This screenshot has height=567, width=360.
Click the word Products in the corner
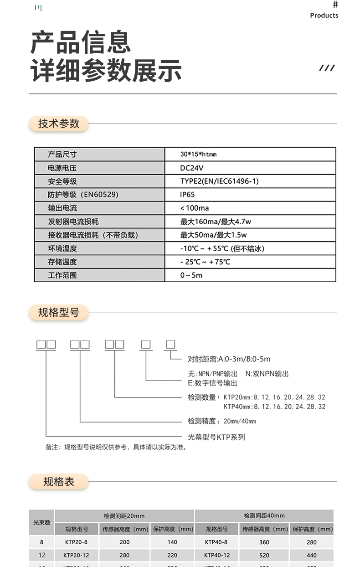point(324,15)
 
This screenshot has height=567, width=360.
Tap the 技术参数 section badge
point(58,124)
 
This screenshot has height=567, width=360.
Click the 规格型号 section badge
point(58,313)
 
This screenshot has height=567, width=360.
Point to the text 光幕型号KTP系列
point(216,437)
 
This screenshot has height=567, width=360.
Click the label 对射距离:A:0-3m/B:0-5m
point(229,359)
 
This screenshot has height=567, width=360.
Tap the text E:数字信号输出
point(212,383)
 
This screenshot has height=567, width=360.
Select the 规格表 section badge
point(58,482)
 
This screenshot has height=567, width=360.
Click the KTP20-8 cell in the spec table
point(76,542)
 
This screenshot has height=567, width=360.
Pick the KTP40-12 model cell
point(217,556)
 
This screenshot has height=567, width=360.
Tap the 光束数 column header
point(41,522)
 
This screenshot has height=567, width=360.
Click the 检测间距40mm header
point(264,516)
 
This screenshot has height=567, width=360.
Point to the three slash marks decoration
point(327,68)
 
